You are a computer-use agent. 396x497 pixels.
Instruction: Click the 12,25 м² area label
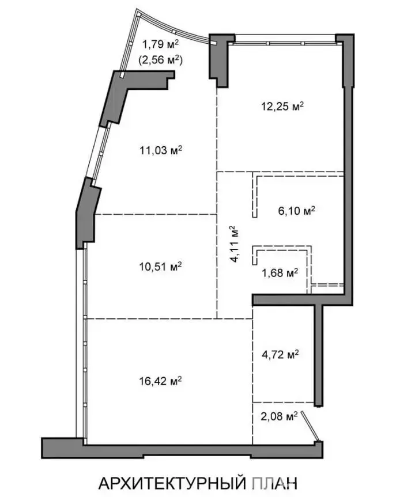point(282,106)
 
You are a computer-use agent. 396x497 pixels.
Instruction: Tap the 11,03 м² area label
point(161,150)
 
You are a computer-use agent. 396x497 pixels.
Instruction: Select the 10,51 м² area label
point(160,267)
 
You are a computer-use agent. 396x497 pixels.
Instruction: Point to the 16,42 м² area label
point(160,381)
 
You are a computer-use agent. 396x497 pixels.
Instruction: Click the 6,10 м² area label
point(297,210)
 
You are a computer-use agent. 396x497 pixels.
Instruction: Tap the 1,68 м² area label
point(280,272)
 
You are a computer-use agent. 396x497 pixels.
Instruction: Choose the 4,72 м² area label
point(280,354)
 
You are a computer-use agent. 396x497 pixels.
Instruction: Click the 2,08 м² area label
point(279,416)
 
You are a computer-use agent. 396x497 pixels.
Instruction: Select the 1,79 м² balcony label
point(160,44)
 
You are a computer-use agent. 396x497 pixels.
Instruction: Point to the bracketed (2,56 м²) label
point(160,59)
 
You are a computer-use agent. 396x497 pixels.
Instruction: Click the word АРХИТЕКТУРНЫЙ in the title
point(172,483)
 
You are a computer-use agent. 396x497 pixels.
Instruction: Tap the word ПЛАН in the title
point(275,483)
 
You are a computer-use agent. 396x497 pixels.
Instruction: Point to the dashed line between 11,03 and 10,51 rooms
point(156,214)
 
